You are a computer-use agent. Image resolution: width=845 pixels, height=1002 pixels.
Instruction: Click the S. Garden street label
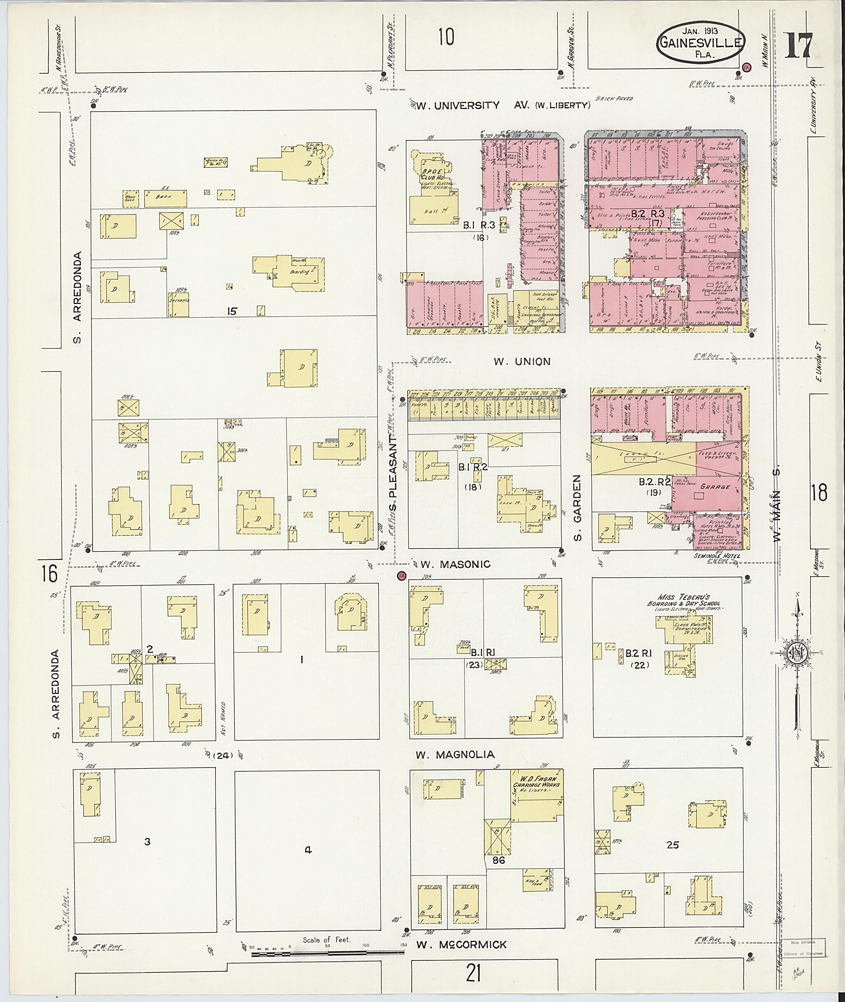click(578, 508)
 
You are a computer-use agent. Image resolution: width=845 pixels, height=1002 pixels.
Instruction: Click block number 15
click(232, 311)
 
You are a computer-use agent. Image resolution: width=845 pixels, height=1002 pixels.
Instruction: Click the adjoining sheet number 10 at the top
click(446, 37)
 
